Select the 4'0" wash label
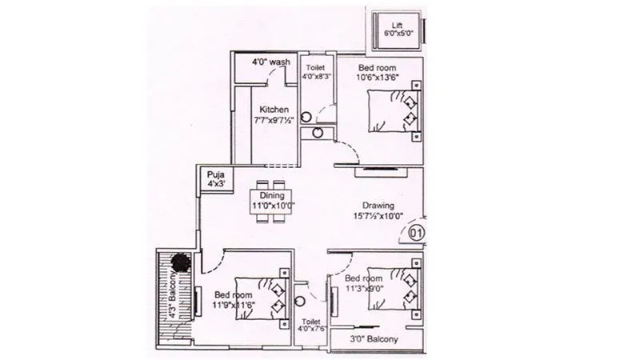(270, 62)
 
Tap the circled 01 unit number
(417, 234)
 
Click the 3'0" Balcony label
(375, 339)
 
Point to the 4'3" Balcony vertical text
(170, 297)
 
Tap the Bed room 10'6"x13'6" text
(378, 72)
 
